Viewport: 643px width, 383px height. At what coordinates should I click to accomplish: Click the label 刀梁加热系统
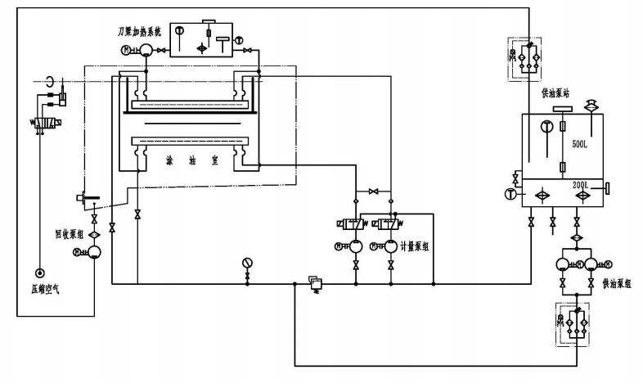pos(142,30)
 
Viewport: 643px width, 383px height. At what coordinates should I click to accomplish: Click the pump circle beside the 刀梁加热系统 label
pos(143,51)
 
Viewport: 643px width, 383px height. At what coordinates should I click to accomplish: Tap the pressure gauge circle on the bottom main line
pos(247,264)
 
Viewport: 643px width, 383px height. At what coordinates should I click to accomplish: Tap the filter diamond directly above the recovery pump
pos(94,235)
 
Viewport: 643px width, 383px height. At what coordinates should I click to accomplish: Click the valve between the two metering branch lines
pos(374,191)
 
